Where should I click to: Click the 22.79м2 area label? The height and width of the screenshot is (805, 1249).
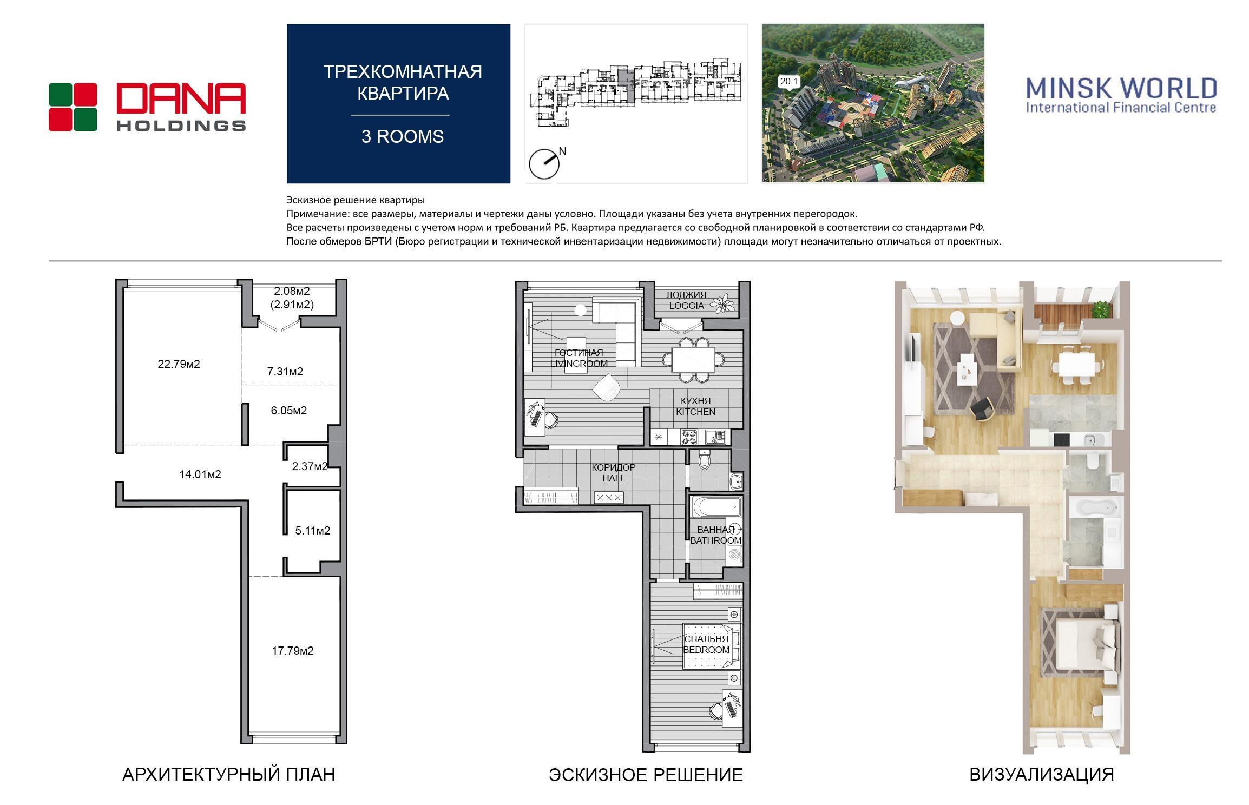tap(179, 364)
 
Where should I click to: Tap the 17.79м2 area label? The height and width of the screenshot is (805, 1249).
tap(293, 651)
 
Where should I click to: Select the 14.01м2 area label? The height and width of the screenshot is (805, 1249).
tap(200, 474)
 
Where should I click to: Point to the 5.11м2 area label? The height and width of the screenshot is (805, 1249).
tap(313, 531)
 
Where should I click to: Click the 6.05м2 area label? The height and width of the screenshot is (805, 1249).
tap(289, 411)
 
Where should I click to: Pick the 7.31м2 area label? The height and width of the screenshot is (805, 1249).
tap(285, 372)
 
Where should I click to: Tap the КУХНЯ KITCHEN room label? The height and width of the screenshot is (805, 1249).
tap(696, 406)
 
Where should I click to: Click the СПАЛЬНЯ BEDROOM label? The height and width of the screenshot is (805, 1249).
tap(706, 644)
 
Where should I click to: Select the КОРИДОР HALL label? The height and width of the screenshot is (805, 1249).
tap(614, 473)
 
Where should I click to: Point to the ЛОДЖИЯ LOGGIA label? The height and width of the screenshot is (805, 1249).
tap(686, 300)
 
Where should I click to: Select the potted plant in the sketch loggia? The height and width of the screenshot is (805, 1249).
tap(721, 303)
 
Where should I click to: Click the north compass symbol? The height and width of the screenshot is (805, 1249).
tap(544, 163)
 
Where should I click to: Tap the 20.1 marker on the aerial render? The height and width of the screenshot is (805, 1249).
tap(789, 82)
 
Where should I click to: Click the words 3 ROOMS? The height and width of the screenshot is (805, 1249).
tap(403, 136)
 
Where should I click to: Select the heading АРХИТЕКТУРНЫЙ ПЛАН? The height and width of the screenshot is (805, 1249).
tap(228, 775)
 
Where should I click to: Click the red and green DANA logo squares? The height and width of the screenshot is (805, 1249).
tap(73, 107)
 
